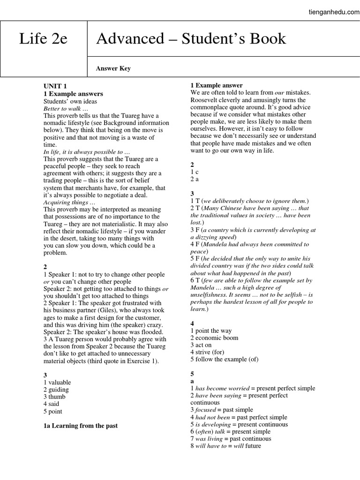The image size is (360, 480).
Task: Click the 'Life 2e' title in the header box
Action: pyautogui.click(x=43, y=39)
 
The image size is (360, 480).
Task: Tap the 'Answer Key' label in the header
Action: pyautogui.click(x=113, y=68)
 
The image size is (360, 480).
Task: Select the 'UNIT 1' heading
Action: pyautogui.click(x=55, y=87)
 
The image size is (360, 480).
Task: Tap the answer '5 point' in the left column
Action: pyautogui.click(x=53, y=412)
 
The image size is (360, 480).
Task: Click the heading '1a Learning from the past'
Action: pyautogui.click(x=81, y=426)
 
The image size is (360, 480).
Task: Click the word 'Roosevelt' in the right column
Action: pyautogui.click(x=205, y=100)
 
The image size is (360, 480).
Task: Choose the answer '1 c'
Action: pyautogui.click(x=195, y=172)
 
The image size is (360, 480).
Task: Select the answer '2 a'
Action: pyautogui.click(x=195, y=179)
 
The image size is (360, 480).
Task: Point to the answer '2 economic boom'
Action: pyautogui.click(x=214, y=338)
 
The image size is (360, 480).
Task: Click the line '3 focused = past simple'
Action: pyautogui.click(x=222, y=410)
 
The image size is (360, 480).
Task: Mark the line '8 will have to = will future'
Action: pyautogui.click(x=226, y=446)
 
